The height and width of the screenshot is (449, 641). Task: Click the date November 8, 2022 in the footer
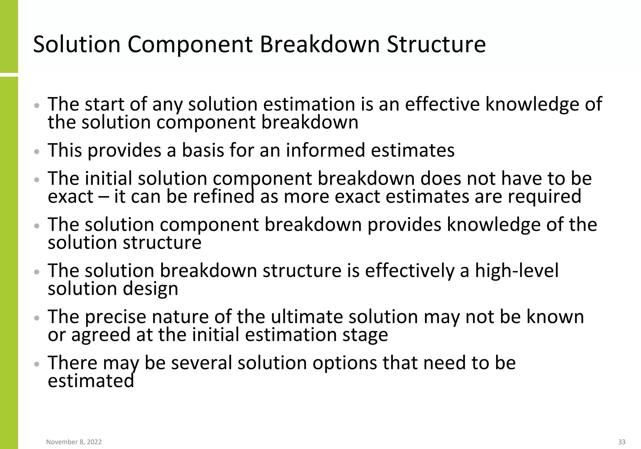click(x=74, y=442)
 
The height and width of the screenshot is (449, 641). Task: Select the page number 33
click(x=622, y=442)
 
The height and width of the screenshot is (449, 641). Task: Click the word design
click(x=150, y=289)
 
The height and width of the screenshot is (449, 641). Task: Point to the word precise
click(x=115, y=317)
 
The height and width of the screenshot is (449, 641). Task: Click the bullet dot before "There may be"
click(x=37, y=364)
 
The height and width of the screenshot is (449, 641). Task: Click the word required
click(x=544, y=197)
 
